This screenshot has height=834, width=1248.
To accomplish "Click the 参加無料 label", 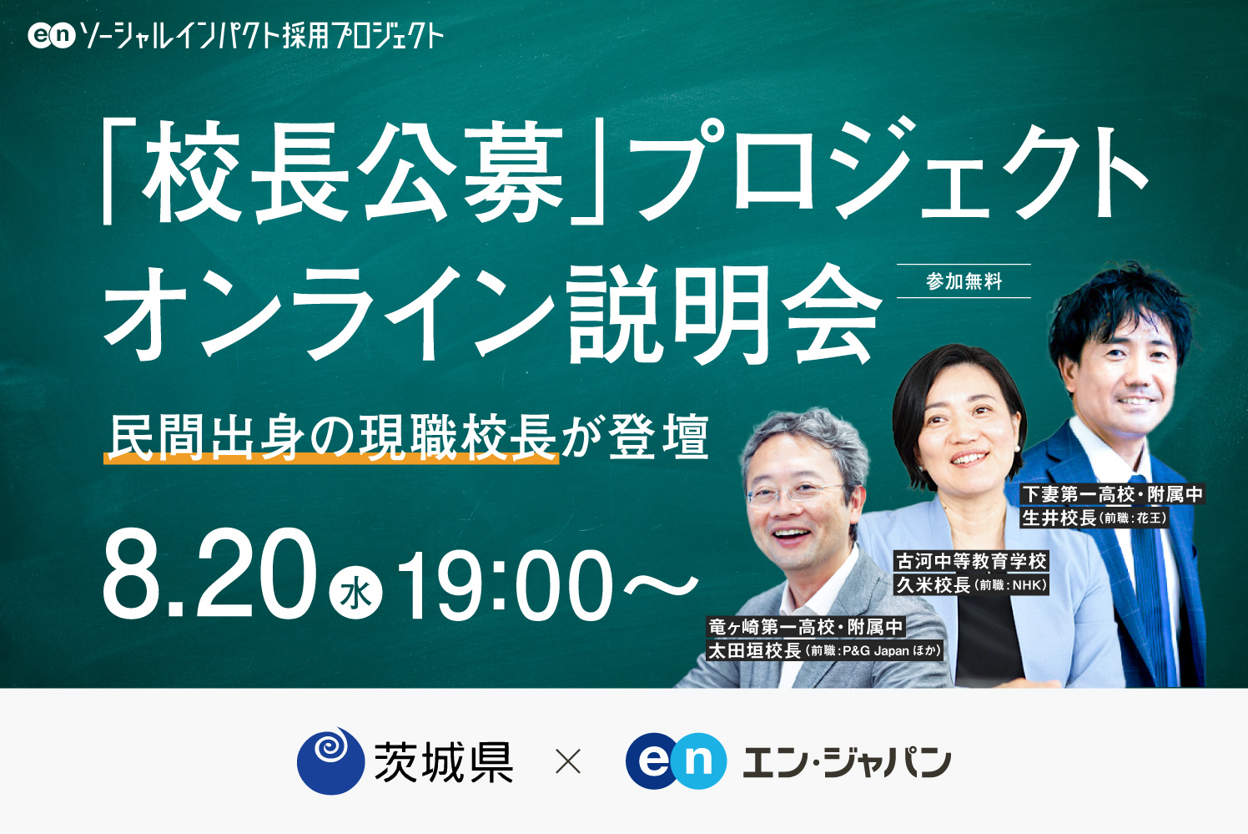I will [x=964, y=281].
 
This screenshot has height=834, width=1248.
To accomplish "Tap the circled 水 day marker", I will [x=356, y=594].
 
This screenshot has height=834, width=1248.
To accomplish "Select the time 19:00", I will [x=505, y=584].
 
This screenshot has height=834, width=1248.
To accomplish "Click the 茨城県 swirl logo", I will [x=330, y=761].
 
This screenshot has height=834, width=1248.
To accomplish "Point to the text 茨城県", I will [x=443, y=762].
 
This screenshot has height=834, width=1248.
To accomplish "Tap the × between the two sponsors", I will [x=567, y=761].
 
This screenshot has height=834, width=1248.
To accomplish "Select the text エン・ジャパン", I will [x=846, y=762].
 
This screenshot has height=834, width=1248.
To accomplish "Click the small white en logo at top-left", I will [x=52, y=35].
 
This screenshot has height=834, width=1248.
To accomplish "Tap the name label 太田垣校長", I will [x=754, y=650].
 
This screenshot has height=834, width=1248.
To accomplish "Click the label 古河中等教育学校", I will [x=971, y=561].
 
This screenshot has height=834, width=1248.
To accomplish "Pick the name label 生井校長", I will [x=1059, y=518].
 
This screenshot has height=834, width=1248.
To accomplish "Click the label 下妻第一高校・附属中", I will [x=1113, y=494].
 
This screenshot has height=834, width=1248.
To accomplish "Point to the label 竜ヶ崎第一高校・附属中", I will [x=806, y=626].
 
